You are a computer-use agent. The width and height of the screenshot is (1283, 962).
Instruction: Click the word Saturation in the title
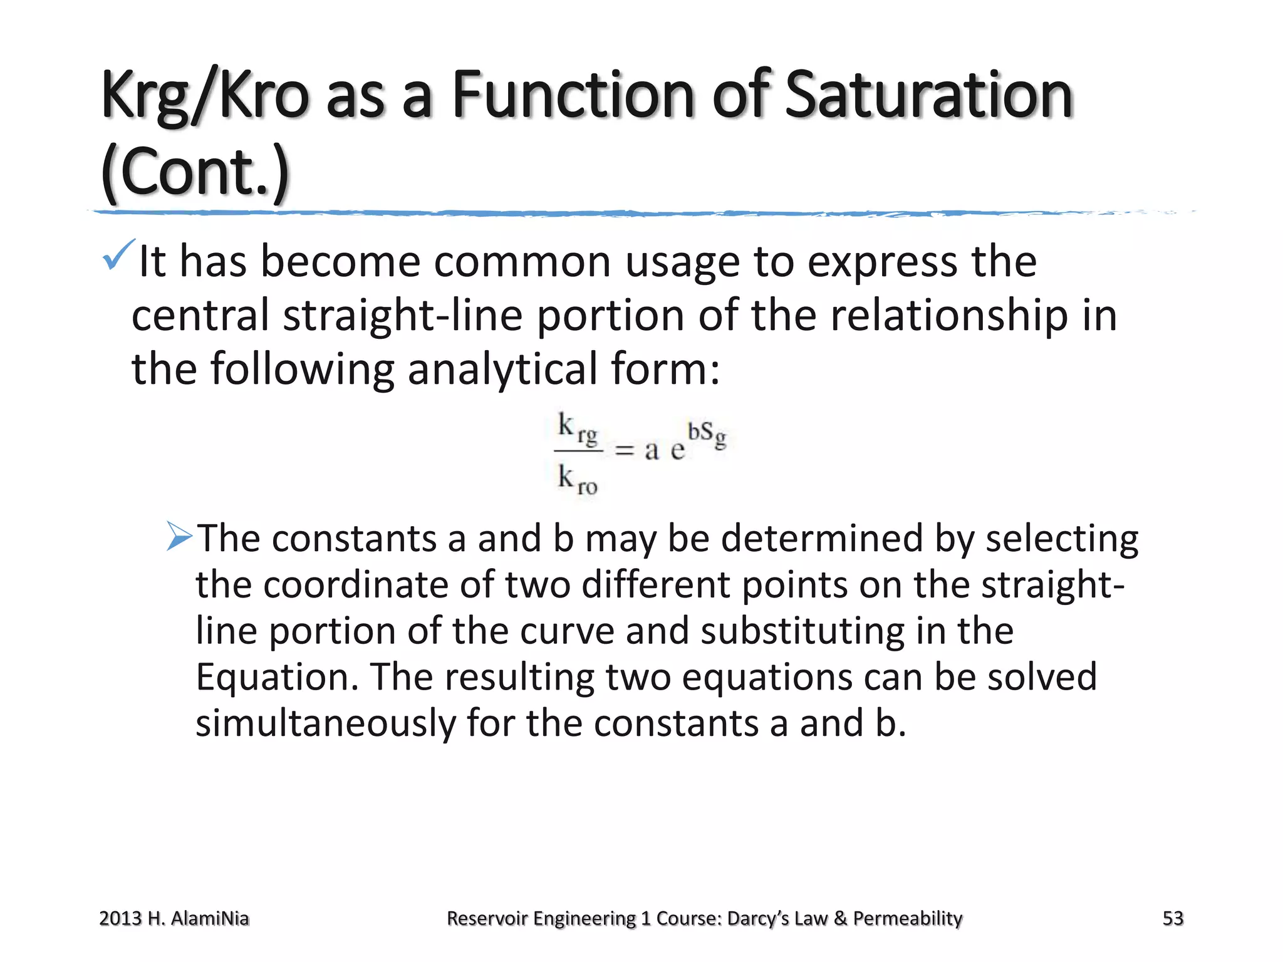point(928,95)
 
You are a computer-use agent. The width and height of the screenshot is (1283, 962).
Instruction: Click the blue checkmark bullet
point(118,255)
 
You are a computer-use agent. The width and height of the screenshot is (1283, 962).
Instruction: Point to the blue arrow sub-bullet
point(179,537)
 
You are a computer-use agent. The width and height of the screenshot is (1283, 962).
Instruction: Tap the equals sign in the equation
point(624,450)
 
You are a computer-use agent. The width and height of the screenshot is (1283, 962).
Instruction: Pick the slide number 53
point(1173,918)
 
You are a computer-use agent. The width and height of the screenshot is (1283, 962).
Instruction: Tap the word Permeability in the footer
point(908,918)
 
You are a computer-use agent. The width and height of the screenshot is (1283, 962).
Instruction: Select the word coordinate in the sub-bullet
point(355,585)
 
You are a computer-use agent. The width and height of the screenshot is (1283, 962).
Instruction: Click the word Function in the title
point(574,95)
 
